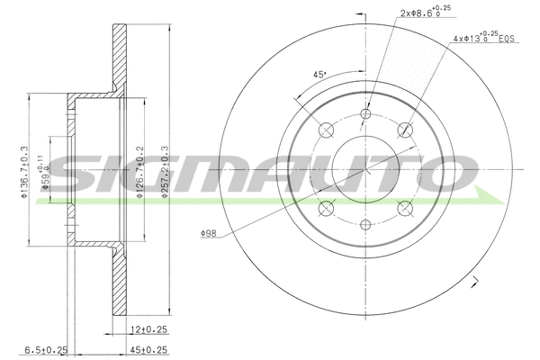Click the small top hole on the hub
[x=365, y=114]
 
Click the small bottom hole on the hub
[x=365, y=225]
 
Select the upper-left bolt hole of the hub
[x=325, y=130]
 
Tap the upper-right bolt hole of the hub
[x=405, y=130]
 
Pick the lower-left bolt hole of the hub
[x=325, y=209]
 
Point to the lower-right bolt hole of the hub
[x=405, y=209]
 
